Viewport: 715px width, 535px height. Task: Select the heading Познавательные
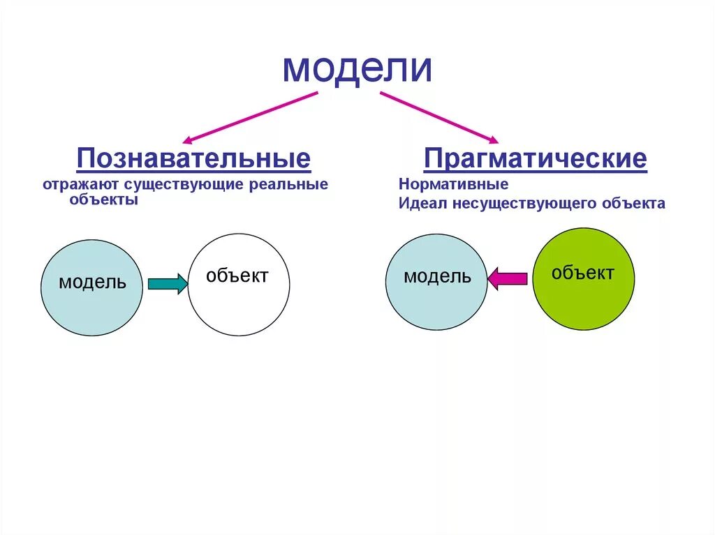193,158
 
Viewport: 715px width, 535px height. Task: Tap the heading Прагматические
536,158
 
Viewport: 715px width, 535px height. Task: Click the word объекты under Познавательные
103,199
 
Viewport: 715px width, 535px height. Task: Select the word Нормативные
453,186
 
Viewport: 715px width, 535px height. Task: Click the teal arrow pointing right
168,283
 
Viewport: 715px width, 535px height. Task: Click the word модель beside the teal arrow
92,282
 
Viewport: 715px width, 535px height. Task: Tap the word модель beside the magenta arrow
437,277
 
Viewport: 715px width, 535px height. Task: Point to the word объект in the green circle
582,273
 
